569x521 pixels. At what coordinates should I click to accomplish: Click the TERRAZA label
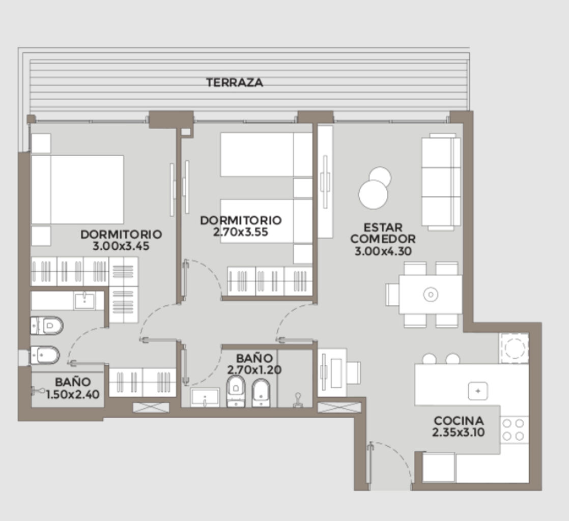click(x=235, y=82)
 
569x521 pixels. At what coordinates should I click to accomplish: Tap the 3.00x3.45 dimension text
click(x=121, y=246)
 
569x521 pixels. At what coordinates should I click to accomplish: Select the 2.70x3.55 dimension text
click(x=241, y=232)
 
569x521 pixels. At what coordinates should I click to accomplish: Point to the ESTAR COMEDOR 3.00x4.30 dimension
click(x=383, y=251)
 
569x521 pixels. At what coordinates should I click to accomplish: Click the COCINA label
click(x=459, y=420)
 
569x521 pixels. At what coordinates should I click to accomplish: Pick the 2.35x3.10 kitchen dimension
click(x=459, y=432)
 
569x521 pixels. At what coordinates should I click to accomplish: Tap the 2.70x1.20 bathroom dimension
click(x=254, y=370)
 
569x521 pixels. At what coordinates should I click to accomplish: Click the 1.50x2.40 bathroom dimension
click(x=73, y=394)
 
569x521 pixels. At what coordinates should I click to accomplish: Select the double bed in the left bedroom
click(x=77, y=190)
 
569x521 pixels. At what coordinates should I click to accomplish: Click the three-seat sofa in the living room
click(x=441, y=182)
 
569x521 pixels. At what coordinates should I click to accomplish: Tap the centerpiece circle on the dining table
click(x=431, y=294)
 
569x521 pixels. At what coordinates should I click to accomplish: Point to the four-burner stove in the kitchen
click(x=514, y=429)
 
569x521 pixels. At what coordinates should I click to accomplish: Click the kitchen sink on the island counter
click(x=477, y=391)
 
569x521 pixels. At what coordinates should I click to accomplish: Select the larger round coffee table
click(x=373, y=194)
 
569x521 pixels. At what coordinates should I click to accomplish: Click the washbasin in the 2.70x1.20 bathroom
click(x=205, y=397)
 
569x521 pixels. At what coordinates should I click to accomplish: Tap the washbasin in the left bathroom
click(x=84, y=301)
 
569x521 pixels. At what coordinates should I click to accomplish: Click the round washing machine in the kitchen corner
click(x=515, y=349)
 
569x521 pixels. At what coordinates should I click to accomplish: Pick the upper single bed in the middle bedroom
click(x=266, y=155)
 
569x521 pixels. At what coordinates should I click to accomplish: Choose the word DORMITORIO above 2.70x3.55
click(x=241, y=220)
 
